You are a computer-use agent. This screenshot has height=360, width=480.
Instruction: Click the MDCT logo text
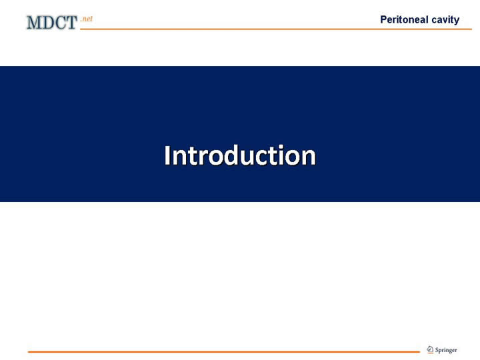point(52,23)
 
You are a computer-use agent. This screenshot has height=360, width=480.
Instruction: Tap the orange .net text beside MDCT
point(87,19)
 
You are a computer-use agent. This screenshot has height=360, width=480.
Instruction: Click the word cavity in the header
point(445,20)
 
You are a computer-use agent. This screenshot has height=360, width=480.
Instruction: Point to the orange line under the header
point(276,29)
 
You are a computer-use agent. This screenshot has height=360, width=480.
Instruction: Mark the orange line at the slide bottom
point(224,352)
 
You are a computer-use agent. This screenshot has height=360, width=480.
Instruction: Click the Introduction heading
point(240,155)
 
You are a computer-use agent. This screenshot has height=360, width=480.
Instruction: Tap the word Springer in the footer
point(446,350)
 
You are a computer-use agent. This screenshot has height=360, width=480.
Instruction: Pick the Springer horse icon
point(430,349)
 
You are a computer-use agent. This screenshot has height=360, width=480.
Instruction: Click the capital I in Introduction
point(167,155)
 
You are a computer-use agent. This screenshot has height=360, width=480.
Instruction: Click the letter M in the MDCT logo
point(33,23)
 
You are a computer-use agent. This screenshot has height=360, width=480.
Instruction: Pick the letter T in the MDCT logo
point(71,23)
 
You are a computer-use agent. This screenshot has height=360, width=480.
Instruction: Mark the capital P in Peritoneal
point(384,19)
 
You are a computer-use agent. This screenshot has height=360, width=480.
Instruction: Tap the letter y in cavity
point(456,21)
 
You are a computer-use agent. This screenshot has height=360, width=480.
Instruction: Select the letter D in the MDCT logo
point(46,23)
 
